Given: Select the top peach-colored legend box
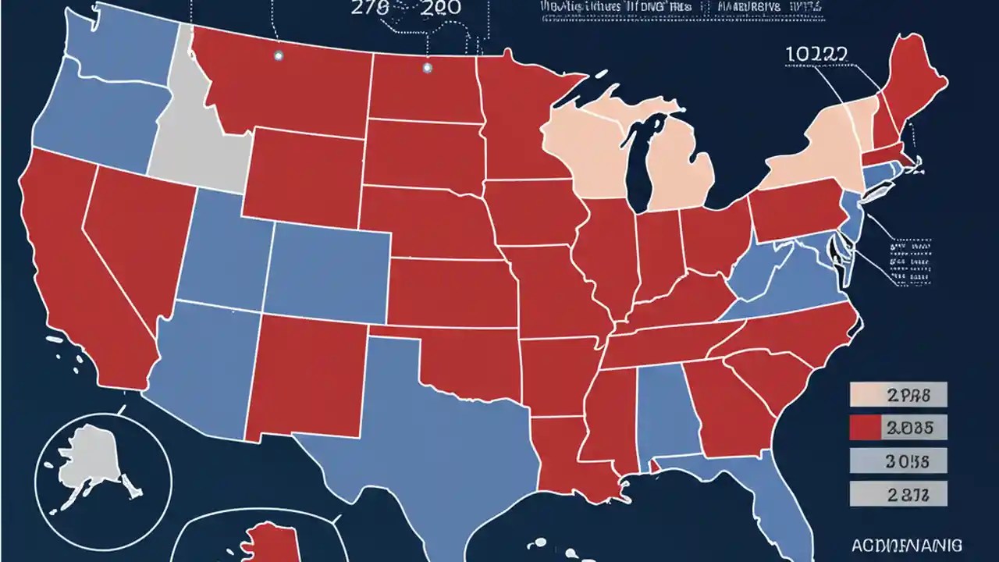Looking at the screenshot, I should coord(897,395).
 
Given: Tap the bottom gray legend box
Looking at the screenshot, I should coord(897,493).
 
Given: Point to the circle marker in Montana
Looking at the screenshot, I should coord(278,55).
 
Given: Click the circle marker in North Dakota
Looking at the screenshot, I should coord(426,68).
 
